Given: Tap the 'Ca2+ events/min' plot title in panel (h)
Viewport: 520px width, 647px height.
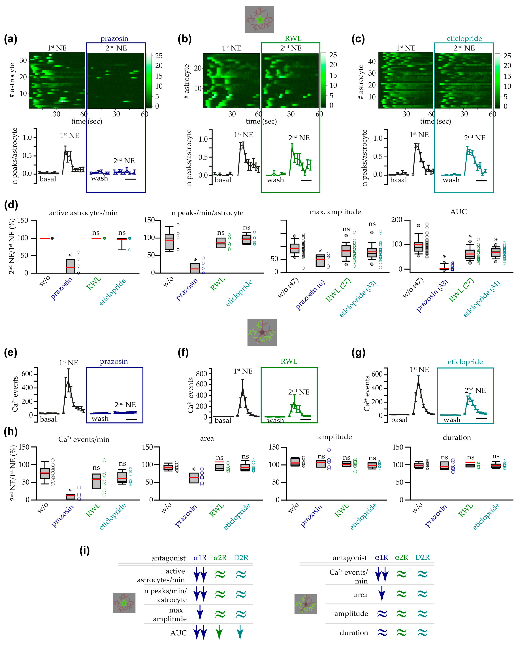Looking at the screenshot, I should click(84, 439).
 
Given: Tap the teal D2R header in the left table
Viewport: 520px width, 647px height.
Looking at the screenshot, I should click(241, 558).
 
